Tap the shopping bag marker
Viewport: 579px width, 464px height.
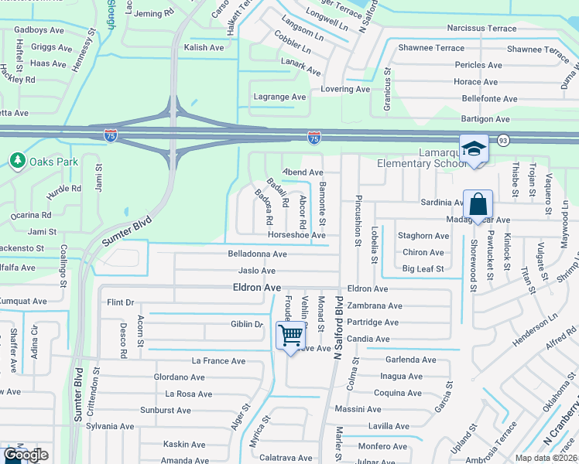478,206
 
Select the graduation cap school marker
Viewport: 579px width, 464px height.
473,148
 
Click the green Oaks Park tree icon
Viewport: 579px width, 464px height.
17,161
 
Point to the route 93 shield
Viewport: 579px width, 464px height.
503,139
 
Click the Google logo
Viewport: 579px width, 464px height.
26,455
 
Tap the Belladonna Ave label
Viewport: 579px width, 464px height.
257,254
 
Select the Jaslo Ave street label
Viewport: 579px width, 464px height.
257,271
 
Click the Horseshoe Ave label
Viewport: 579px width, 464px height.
296,235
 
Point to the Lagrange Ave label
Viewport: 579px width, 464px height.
280,97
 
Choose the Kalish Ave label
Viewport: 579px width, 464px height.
204,48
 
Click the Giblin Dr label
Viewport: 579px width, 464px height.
247,324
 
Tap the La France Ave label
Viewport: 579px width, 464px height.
218,361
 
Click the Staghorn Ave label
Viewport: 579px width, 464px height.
423,236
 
